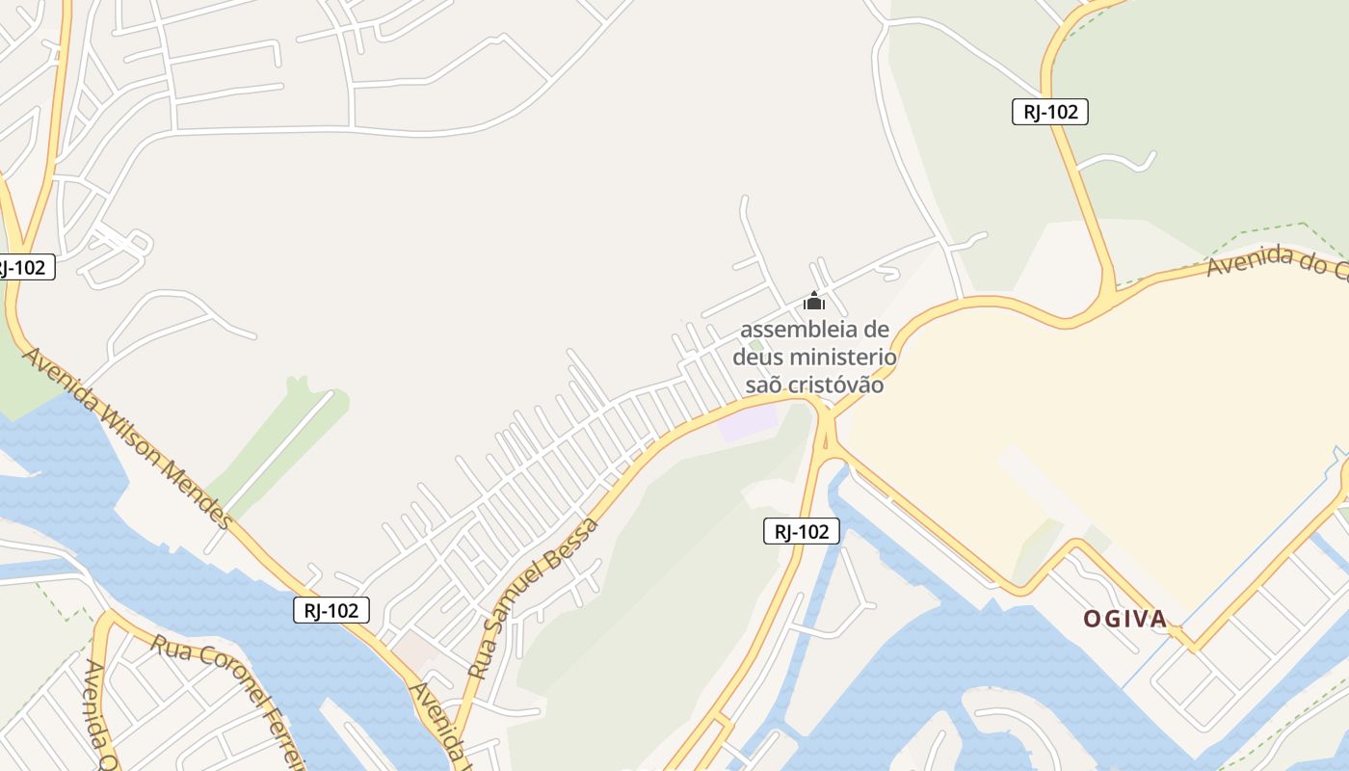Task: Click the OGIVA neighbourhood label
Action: [1125, 619]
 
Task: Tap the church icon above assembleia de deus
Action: [814, 302]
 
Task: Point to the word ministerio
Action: [843, 358]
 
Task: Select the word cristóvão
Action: [835, 385]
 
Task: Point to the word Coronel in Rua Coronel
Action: [225, 677]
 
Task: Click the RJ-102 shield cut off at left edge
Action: [23, 268]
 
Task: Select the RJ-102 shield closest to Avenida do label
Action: [1049, 112]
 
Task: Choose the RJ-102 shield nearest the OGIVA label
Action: [801, 531]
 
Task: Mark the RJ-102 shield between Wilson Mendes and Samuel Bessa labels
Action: [331, 609]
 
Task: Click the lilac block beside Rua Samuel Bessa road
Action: [750, 422]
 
